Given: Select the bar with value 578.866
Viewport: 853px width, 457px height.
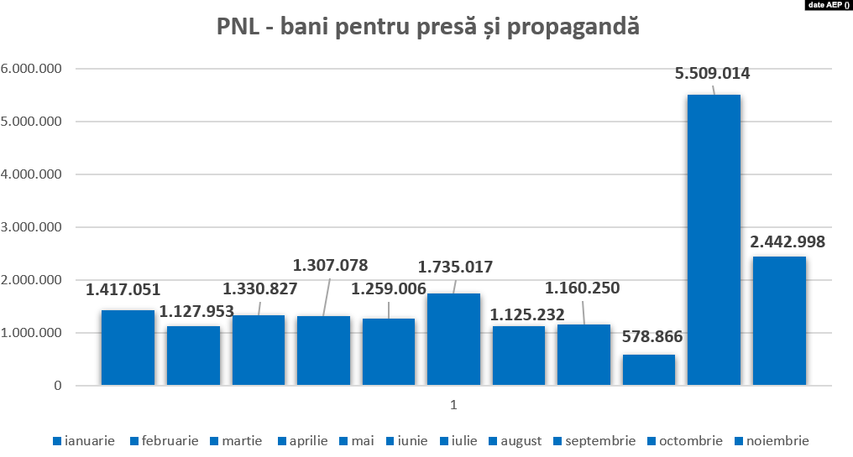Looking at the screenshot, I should [x=648, y=370].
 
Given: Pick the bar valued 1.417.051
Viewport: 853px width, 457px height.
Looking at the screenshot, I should [x=128, y=348].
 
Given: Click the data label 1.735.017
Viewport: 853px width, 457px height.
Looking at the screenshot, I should [x=455, y=268].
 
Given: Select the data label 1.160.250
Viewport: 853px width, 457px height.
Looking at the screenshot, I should [x=582, y=288].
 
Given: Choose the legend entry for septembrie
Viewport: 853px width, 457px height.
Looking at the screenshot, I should [x=594, y=440].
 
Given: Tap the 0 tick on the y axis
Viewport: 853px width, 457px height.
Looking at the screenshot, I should [x=57, y=386].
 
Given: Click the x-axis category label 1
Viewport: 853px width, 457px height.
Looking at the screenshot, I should [x=453, y=405].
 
